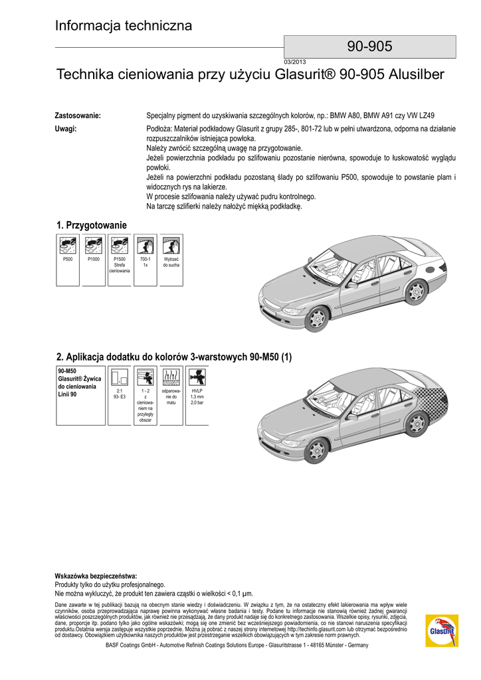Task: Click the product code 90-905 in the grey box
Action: (x=369, y=46)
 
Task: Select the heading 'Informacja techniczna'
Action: (x=124, y=26)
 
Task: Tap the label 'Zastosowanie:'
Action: (x=77, y=116)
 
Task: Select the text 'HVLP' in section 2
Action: (x=197, y=391)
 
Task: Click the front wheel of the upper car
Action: (x=316, y=317)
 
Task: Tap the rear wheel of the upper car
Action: (x=416, y=292)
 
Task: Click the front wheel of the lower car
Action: (x=317, y=449)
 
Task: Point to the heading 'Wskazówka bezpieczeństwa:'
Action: (x=96, y=576)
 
